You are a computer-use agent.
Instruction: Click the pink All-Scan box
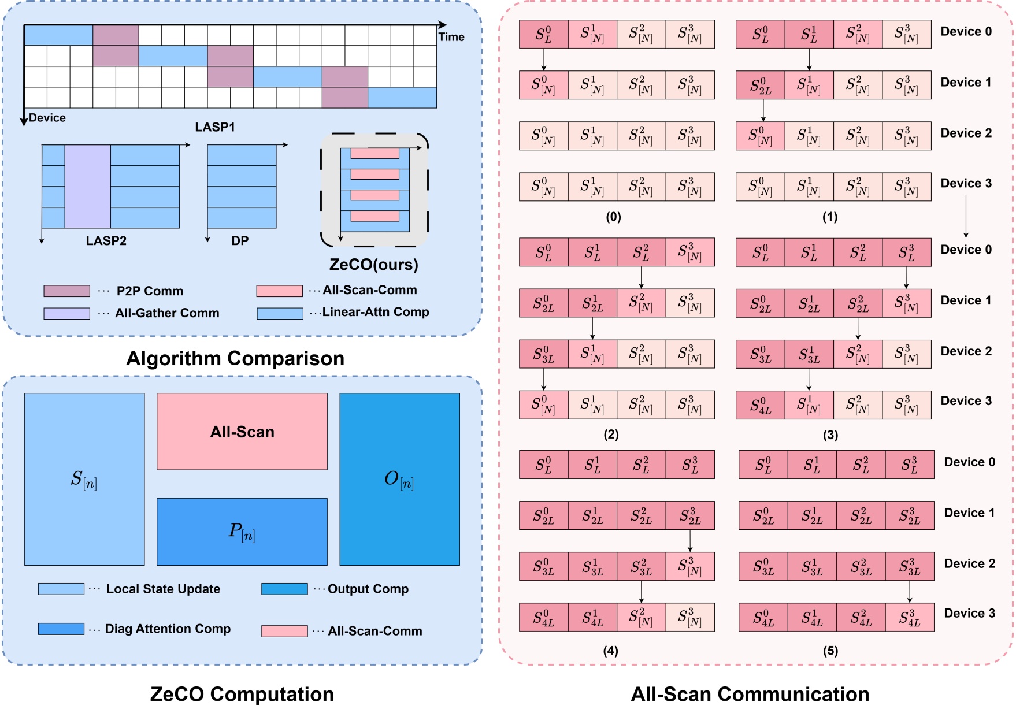[x=242, y=431]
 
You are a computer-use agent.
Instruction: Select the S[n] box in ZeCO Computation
[x=84, y=479]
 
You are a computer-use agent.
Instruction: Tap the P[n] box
[x=242, y=532]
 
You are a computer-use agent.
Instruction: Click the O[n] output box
[x=399, y=479]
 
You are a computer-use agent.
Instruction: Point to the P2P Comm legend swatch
[x=66, y=291]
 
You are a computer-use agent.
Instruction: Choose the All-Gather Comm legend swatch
[x=66, y=313]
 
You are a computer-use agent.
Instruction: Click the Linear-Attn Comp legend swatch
[x=280, y=313]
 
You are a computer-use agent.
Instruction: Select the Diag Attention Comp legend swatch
[x=61, y=629]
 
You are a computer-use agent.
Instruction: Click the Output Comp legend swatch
[x=284, y=589]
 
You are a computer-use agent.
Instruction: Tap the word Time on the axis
[x=451, y=37]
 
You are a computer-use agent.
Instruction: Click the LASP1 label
[x=215, y=127]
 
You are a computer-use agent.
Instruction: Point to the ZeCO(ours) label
[x=373, y=265]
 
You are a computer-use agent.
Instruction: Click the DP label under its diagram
[x=240, y=241]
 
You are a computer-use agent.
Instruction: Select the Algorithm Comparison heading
[x=235, y=358]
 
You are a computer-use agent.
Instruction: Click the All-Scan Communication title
[x=750, y=694]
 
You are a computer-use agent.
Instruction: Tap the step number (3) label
[x=830, y=435]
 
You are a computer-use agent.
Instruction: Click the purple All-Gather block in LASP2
[x=87, y=186]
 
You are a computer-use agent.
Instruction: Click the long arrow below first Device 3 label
[x=966, y=216]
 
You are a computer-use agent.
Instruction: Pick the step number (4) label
[x=610, y=651]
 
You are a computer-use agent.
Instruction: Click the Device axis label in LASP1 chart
[x=47, y=118]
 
